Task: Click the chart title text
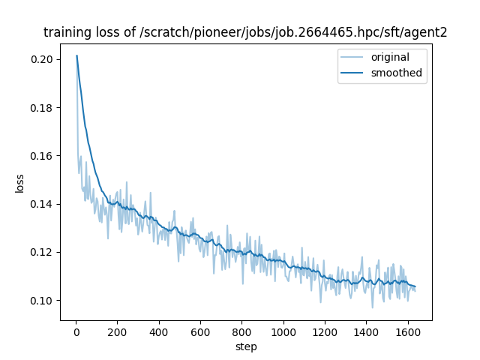(245, 32)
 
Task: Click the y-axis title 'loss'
(20, 183)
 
